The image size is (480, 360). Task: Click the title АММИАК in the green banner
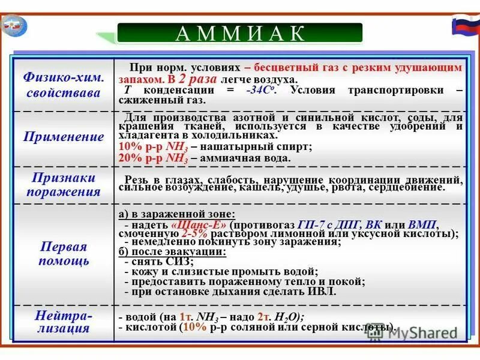point(239,34)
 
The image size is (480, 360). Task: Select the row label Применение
point(64,137)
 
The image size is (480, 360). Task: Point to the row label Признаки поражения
point(64,185)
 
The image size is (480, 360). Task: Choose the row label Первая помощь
point(64,254)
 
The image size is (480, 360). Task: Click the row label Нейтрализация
point(63,322)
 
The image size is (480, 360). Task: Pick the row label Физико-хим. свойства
point(64,86)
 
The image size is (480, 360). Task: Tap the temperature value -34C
point(260,90)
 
